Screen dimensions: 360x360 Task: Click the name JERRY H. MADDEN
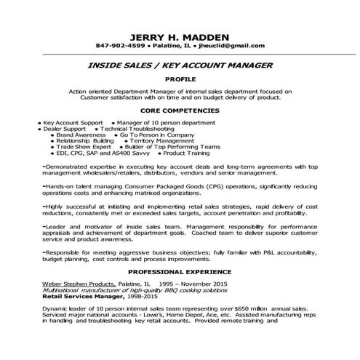(x=179, y=37)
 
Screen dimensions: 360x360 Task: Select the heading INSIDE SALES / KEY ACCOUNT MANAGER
(x=180, y=66)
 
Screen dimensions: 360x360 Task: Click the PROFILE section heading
(x=179, y=80)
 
